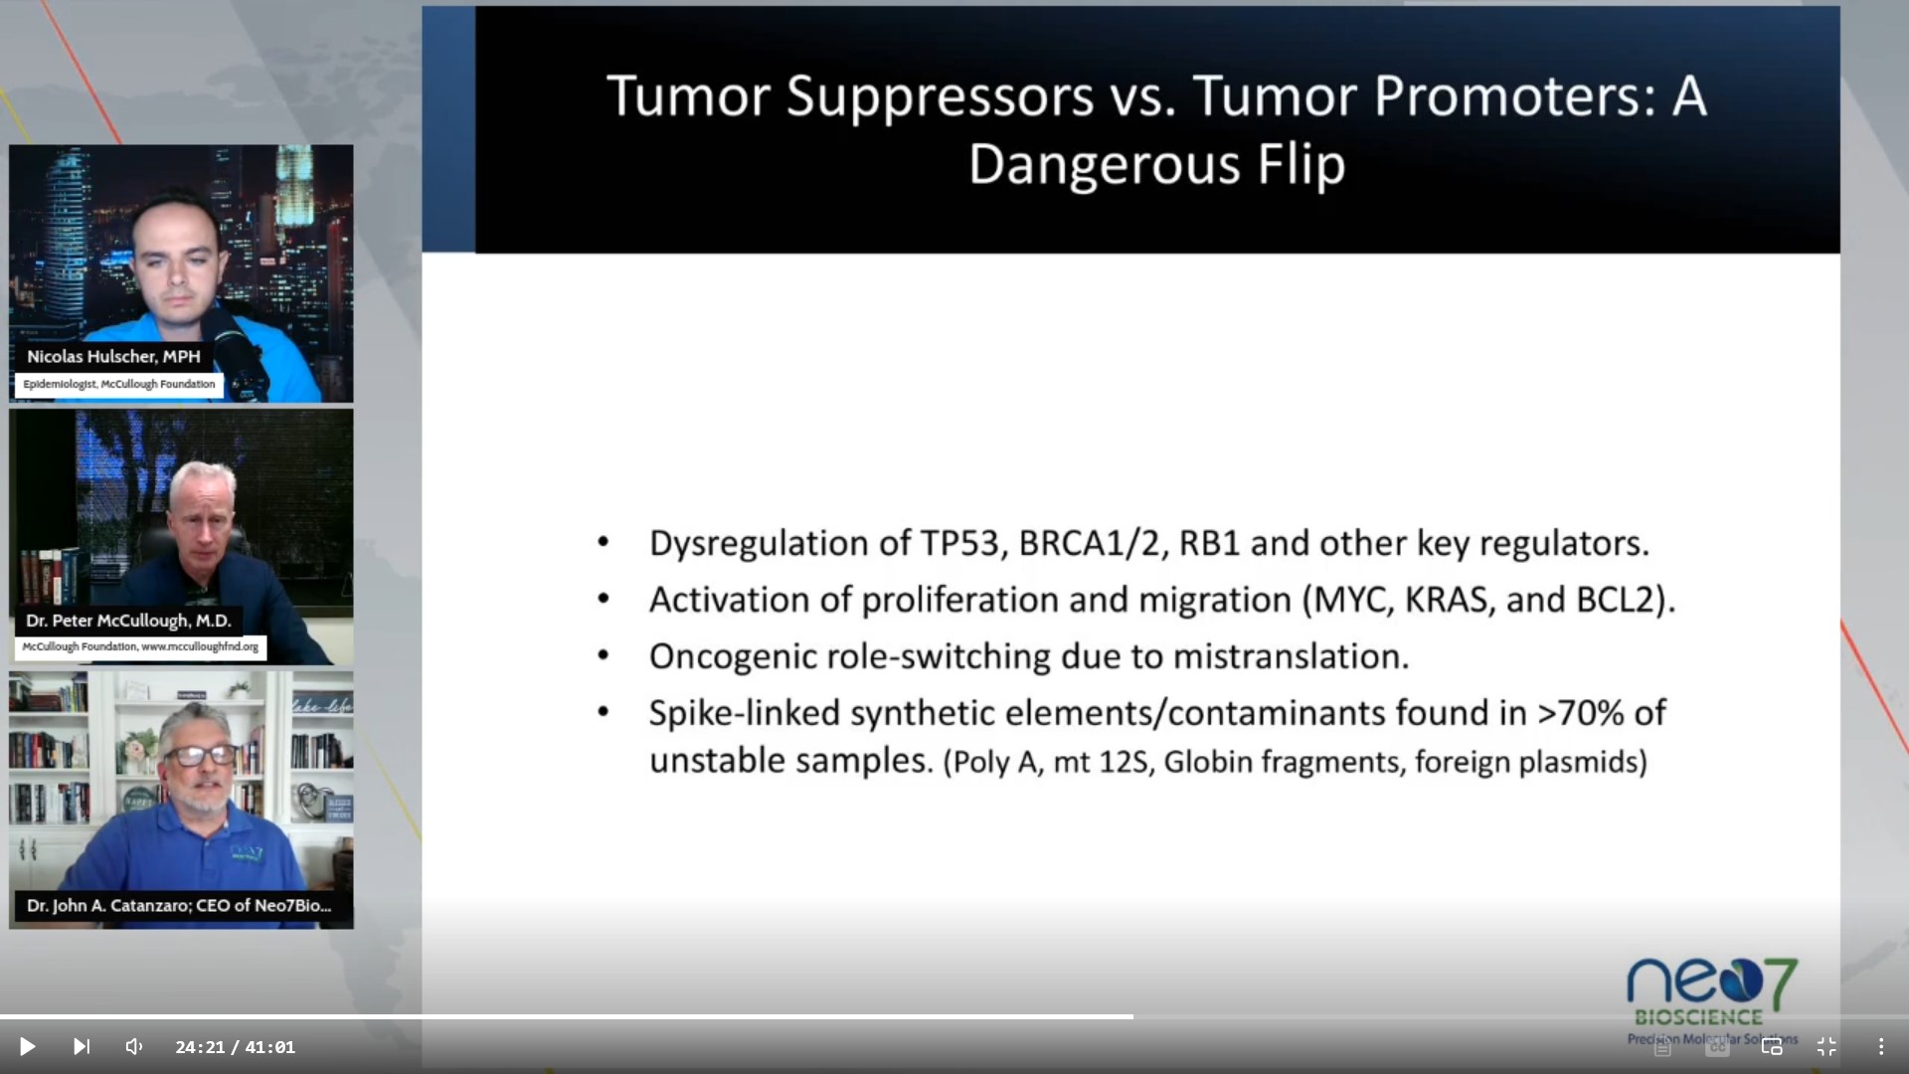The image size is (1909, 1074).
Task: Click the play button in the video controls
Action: (28, 1046)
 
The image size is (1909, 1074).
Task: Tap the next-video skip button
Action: (82, 1046)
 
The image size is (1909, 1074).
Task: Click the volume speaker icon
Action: (134, 1046)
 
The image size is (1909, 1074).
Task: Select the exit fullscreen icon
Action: (1826, 1046)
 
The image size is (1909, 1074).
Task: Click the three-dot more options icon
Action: (1881, 1046)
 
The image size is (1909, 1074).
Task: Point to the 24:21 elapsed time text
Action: (200, 1047)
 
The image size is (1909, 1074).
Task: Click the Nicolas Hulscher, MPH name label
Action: (113, 356)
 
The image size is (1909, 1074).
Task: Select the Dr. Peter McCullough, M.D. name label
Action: (128, 621)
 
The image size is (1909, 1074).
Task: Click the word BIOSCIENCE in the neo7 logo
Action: (1698, 1017)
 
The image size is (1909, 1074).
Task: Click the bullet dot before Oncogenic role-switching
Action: (604, 655)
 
